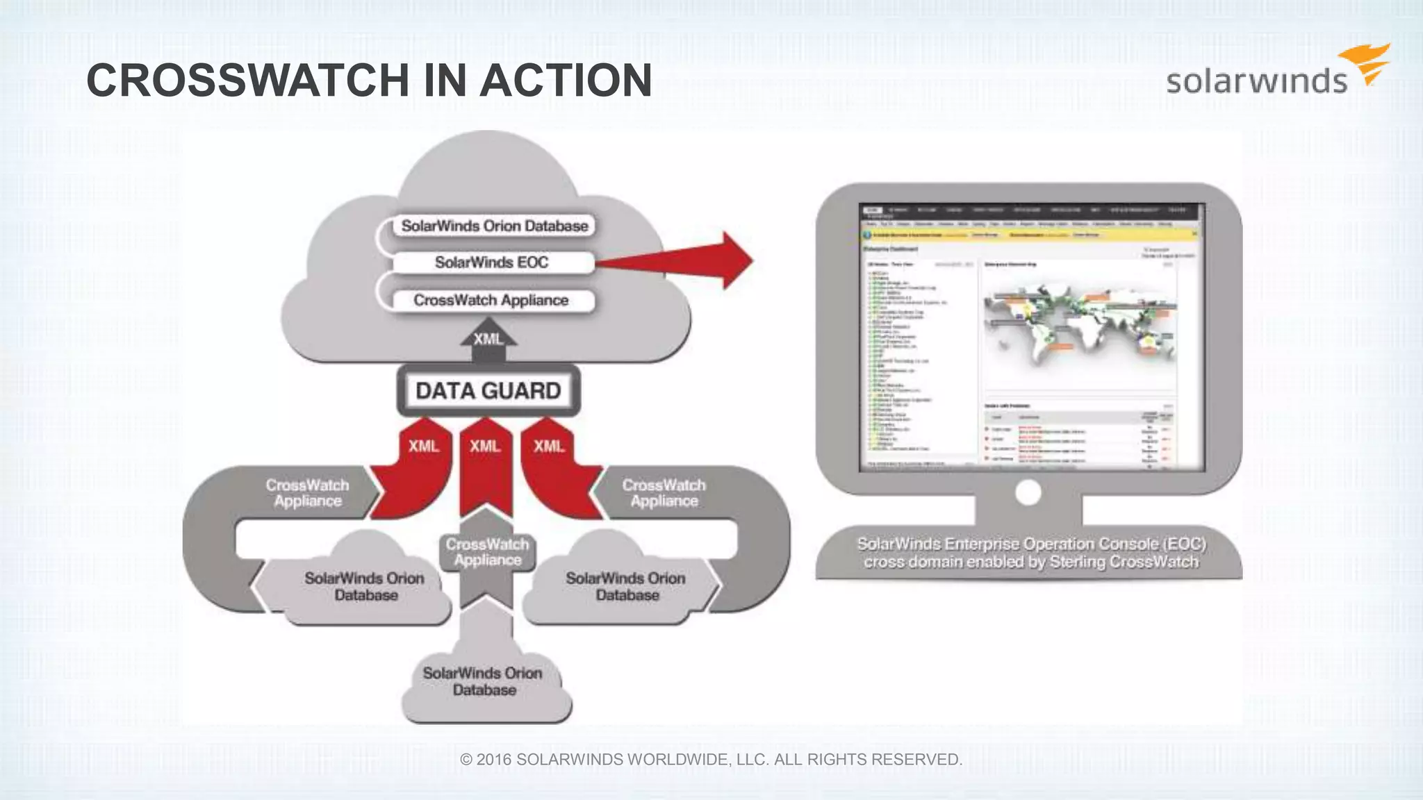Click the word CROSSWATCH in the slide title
(247, 81)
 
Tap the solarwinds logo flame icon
(1367, 64)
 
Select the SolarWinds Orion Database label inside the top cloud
(494, 226)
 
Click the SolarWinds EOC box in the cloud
(492, 262)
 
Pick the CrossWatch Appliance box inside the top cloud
(491, 300)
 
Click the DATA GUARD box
(488, 390)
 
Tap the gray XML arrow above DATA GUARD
(488, 340)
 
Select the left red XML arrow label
(424, 446)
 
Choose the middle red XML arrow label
(485, 446)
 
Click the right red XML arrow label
(549, 446)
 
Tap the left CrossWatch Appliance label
(307, 493)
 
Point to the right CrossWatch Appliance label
(664, 493)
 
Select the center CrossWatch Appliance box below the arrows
(487, 552)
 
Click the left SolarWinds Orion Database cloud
(364, 586)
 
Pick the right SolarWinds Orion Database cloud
(625, 586)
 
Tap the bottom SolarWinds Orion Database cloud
(484, 681)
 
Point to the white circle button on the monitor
(1028, 493)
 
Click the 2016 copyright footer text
(711, 760)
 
